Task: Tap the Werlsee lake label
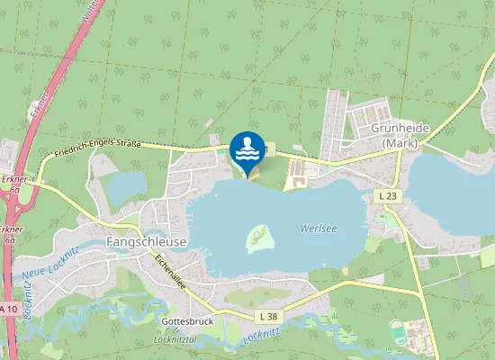point(319,228)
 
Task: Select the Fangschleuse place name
point(147,242)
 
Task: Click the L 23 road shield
point(388,195)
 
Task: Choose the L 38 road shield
point(267,316)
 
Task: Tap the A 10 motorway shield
point(8,309)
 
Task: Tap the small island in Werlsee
point(260,238)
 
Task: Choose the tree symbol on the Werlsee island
point(260,237)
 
